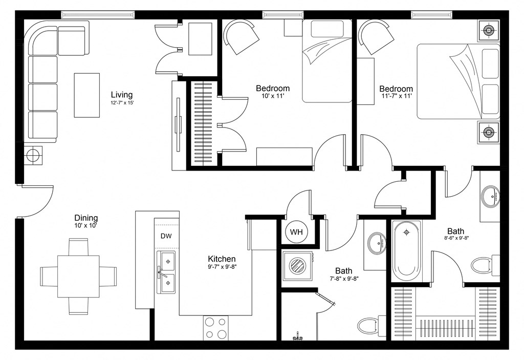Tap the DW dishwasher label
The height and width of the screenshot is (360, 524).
click(166, 236)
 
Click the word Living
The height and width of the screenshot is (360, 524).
click(122, 95)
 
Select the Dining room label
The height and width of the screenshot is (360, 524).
click(86, 218)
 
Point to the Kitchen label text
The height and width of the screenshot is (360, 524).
click(222, 259)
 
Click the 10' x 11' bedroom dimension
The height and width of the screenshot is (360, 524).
click(273, 96)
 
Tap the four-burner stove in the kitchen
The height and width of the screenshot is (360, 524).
click(216, 328)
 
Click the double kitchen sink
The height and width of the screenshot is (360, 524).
click(166, 271)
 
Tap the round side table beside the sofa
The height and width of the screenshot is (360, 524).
click(34, 155)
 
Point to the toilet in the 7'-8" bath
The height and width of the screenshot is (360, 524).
click(368, 325)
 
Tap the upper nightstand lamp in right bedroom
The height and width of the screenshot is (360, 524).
click(489, 31)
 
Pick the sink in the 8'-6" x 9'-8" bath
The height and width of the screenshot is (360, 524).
click(490, 196)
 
